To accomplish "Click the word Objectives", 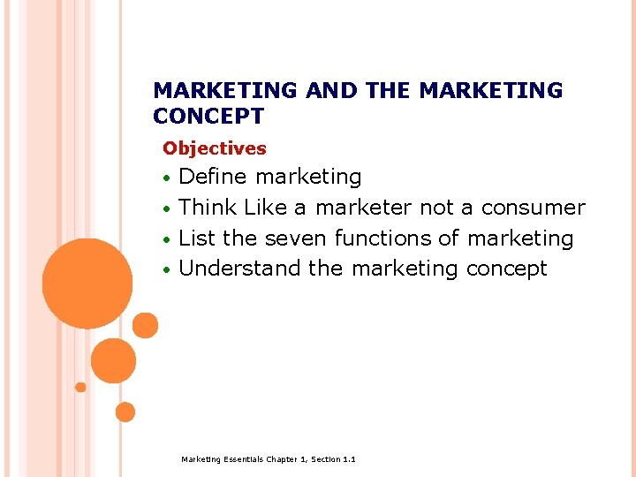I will (215, 148).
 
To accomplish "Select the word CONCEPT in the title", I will (208, 116).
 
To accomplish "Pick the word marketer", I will (363, 208).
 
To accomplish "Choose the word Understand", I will (240, 269).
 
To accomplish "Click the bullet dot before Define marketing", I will (167, 178).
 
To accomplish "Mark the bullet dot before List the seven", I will (167, 239).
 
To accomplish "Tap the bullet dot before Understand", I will (167, 269).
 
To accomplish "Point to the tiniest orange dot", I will (80, 387).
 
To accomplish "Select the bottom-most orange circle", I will (125, 412).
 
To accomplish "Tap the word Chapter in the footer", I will (284, 459).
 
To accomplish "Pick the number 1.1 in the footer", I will (349, 459).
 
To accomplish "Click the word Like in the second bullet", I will (265, 208).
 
